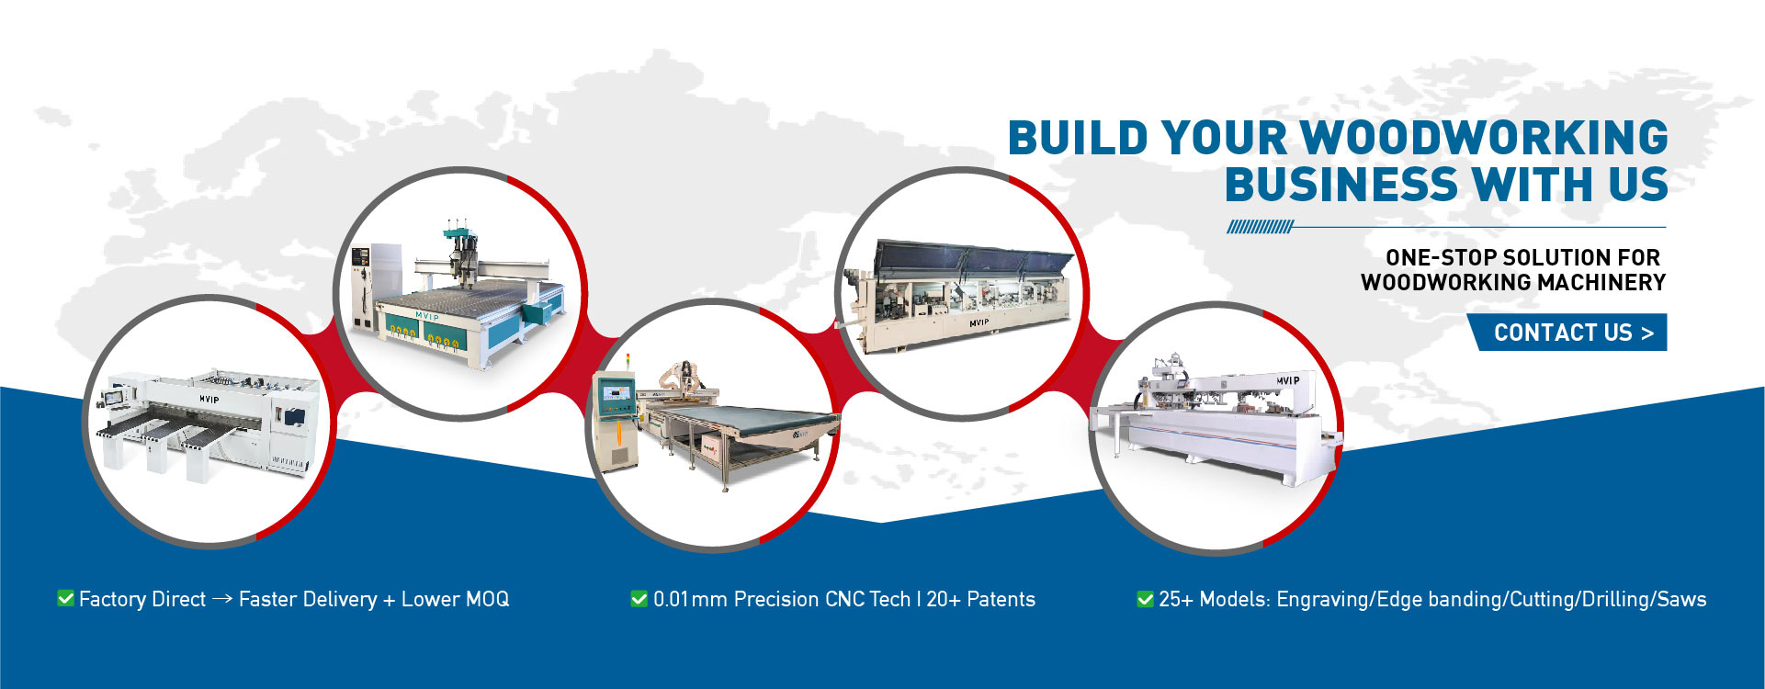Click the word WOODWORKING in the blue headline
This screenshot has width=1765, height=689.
click(1485, 138)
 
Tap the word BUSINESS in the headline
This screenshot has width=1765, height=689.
click(1341, 185)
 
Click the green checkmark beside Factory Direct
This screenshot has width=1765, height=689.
click(66, 598)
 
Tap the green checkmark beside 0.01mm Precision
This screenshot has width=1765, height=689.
click(639, 599)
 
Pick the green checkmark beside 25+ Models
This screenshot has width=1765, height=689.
click(1145, 599)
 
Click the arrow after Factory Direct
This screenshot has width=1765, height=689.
click(221, 599)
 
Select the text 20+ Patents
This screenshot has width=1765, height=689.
click(980, 599)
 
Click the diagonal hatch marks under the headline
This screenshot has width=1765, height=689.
click(1260, 227)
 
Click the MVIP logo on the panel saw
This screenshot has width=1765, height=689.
click(209, 400)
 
